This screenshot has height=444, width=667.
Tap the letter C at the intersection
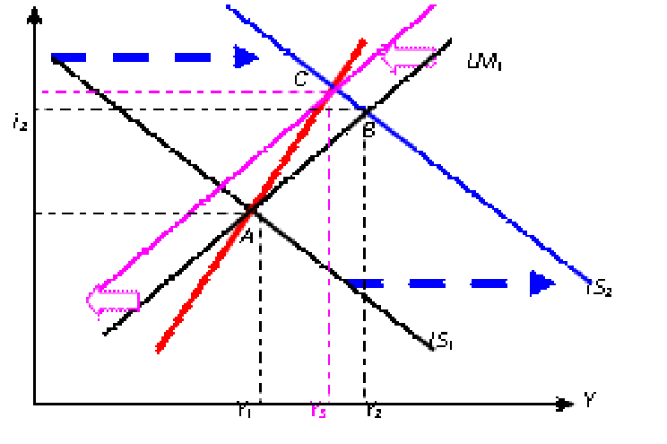tap(302, 79)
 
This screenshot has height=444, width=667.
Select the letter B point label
tap(369, 130)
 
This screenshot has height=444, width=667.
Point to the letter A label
tap(246, 235)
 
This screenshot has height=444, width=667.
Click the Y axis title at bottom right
tap(591, 400)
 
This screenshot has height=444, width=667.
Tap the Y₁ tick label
tap(245, 412)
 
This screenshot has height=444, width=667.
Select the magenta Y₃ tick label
tap(319, 412)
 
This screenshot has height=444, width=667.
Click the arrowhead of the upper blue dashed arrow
tap(246, 58)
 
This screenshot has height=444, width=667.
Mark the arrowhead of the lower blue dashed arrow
tap(542, 284)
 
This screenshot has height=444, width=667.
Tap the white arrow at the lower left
tap(113, 300)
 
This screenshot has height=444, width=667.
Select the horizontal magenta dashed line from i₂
tap(179, 91)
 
